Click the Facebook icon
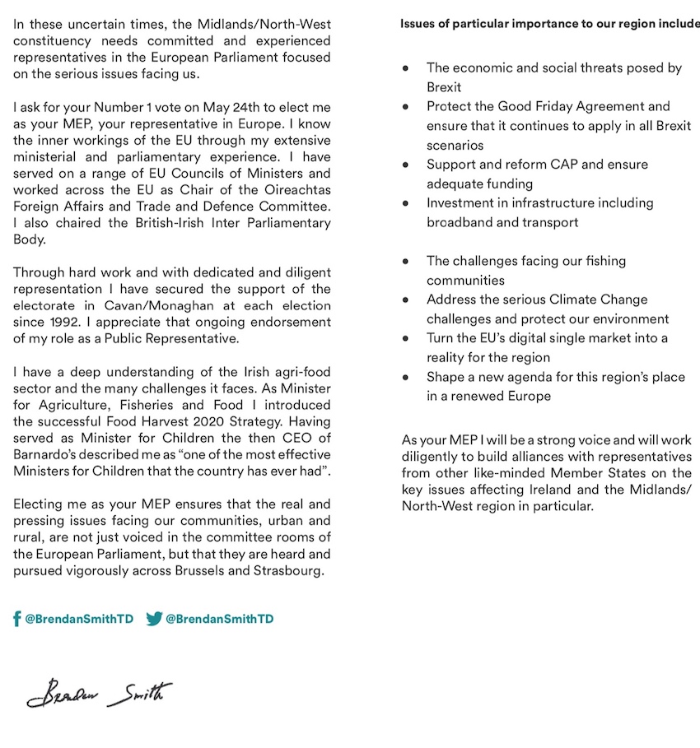coord(17,619)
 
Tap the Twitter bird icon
coord(154,619)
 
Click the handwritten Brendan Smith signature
coord(99,694)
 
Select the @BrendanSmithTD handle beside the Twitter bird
coord(220,619)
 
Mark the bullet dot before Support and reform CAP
coord(406,165)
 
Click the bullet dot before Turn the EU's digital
coord(406,338)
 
